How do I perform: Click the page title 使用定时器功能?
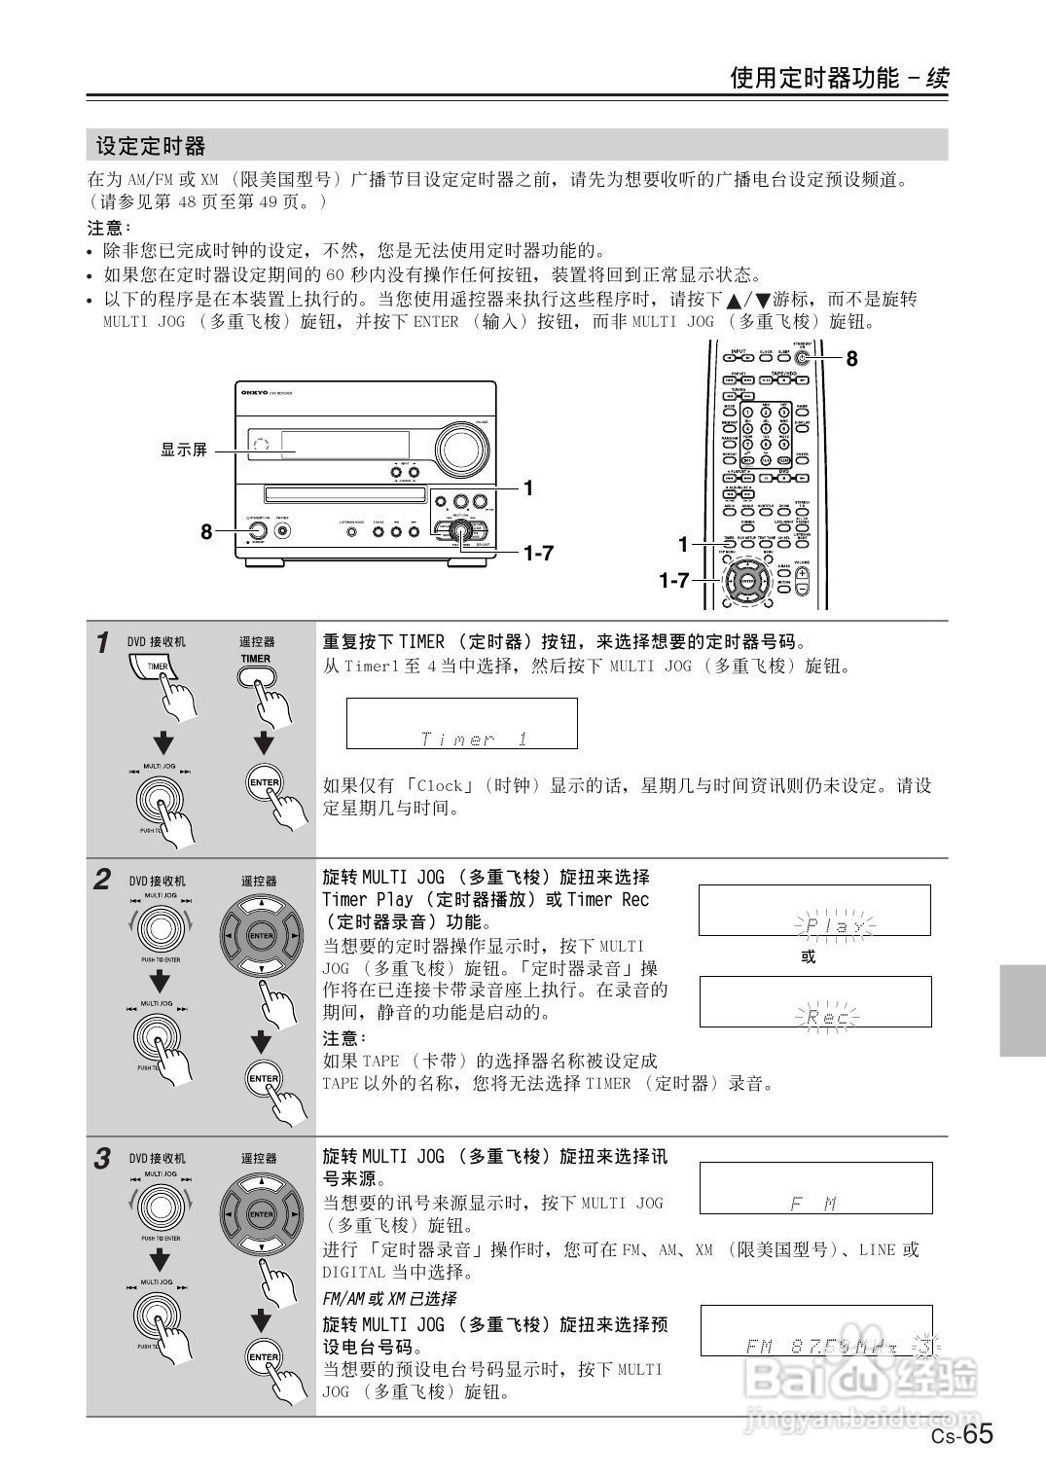click(814, 78)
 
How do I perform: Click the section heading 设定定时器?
click(151, 146)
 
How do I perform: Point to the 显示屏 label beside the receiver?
click(184, 450)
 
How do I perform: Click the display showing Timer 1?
click(461, 723)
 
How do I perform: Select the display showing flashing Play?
click(814, 910)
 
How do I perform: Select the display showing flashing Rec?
click(814, 1002)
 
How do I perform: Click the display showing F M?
click(814, 1188)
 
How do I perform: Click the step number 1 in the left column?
click(102, 643)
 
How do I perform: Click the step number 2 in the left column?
click(102, 881)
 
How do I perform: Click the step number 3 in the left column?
click(102, 1159)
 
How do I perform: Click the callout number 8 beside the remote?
click(851, 359)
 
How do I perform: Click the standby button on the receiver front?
click(258, 531)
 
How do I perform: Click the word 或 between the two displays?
click(808, 956)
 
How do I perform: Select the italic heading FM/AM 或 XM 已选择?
click(389, 1299)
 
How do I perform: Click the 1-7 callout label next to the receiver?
click(537, 553)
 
